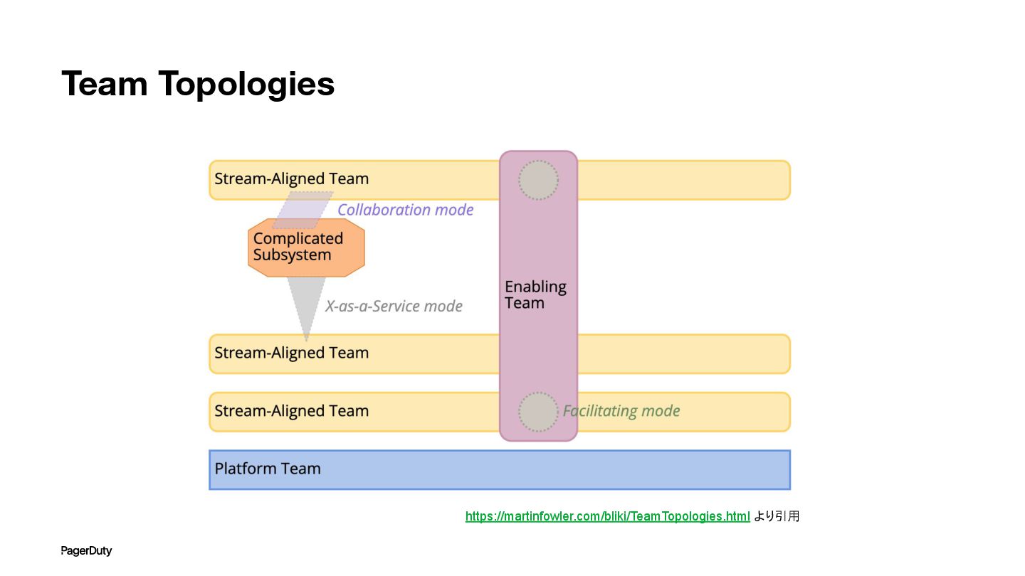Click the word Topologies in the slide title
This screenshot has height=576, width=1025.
[x=246, y=85]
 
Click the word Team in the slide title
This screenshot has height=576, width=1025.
[x=105, y=84]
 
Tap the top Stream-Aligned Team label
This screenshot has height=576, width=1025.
[x=291, y=178]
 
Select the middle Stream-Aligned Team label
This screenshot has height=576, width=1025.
[x=291, y=353]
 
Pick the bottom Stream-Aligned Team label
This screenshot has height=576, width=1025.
[x=291, y=411]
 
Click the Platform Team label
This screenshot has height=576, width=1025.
[x=268, y=469]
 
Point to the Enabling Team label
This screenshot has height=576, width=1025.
[x=535, y=295]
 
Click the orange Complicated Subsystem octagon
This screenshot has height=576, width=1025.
[x=306, y=247]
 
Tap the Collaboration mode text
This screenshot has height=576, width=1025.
[x=405, y=210]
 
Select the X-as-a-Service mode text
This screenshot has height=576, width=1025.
[x=394, y=306]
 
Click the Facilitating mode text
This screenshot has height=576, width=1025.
[x=621, y=411]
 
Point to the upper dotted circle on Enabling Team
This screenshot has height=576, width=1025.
[x=538, y=180]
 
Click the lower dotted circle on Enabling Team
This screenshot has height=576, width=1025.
[x=538, y=412]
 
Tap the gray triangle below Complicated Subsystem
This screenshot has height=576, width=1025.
[x=305, y=302]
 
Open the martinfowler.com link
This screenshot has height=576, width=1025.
[x=607, y=516]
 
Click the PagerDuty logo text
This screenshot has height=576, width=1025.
[x=86, y=551]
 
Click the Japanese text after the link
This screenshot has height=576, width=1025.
[x=777, y=516]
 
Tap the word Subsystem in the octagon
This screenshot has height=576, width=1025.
[x=292, y=255]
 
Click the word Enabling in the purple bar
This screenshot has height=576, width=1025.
[x=535, y=287]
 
